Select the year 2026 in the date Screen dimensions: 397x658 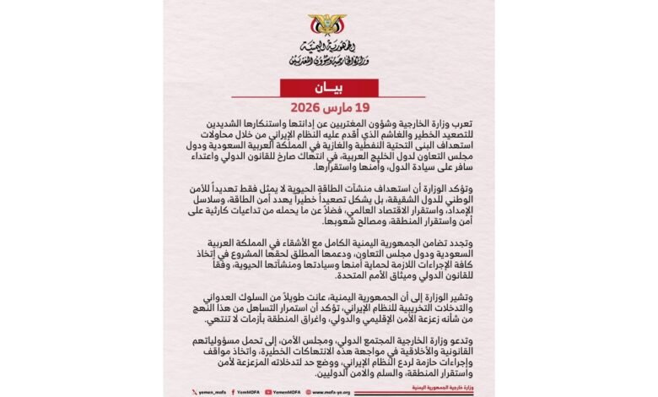point(308,109)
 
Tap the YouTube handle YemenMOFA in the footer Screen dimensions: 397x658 point(283,391)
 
